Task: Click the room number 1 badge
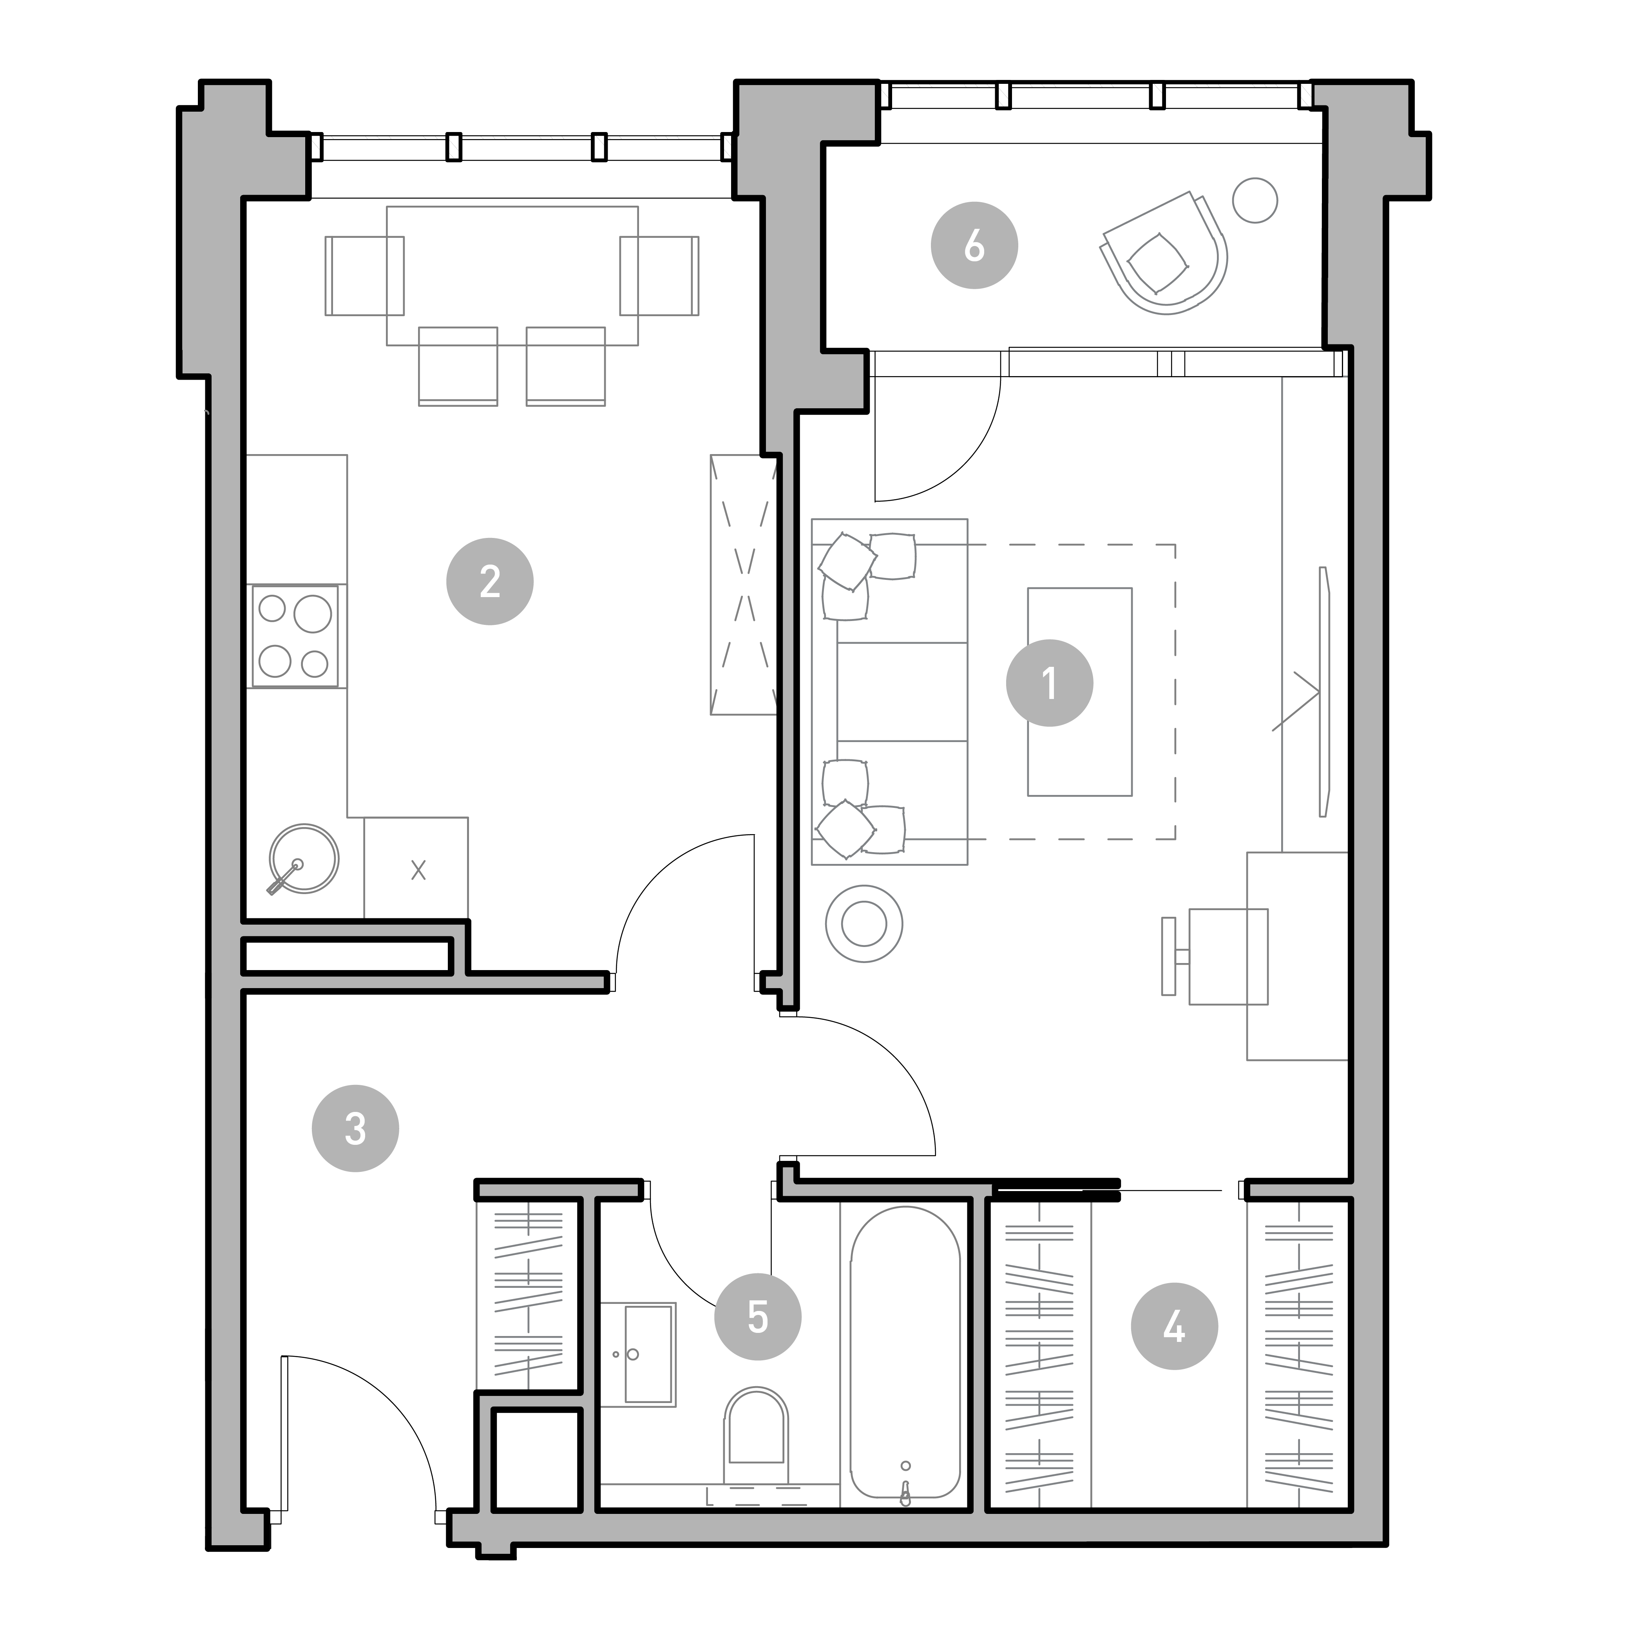tap(1049, 683)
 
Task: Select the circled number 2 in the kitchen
tap(489, 581)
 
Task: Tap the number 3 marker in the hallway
tap(355, 1128)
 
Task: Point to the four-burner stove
tap(295, 635)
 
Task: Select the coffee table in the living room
tap(1079, 692)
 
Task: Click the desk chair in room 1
tap(1217, 956)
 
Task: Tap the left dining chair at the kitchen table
tap(364, 275)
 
